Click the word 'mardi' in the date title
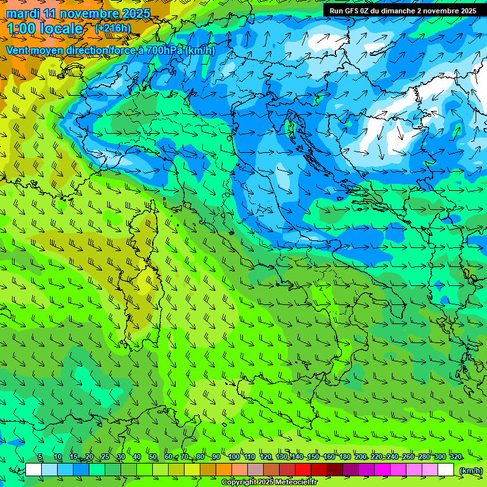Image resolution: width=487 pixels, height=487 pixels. (x=23, y=13)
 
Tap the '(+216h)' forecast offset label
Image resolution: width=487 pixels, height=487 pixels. (x=112, y=28)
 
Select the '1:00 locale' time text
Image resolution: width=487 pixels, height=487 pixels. (x=44, y=29)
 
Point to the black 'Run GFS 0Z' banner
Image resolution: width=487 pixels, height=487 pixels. (x=403, y=11)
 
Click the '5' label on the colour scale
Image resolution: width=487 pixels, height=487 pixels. (x=40, y=457)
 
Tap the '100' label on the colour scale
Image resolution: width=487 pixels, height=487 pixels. (x=233, y=457)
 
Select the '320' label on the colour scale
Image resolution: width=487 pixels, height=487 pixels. (x=456, y=457)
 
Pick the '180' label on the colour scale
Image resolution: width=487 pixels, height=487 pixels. (x=344, y=457)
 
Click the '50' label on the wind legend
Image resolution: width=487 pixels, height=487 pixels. (x=153, y=457)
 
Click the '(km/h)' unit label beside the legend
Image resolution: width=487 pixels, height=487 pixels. (x=471, y=470)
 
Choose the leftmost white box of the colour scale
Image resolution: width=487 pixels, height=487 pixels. (x=34, y=470)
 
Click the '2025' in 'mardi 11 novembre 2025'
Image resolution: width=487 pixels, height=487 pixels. (x=136, y=13)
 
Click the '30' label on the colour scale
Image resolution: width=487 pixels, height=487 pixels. (x=120, y=457)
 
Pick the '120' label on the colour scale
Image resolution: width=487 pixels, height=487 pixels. (x=265, y=457)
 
